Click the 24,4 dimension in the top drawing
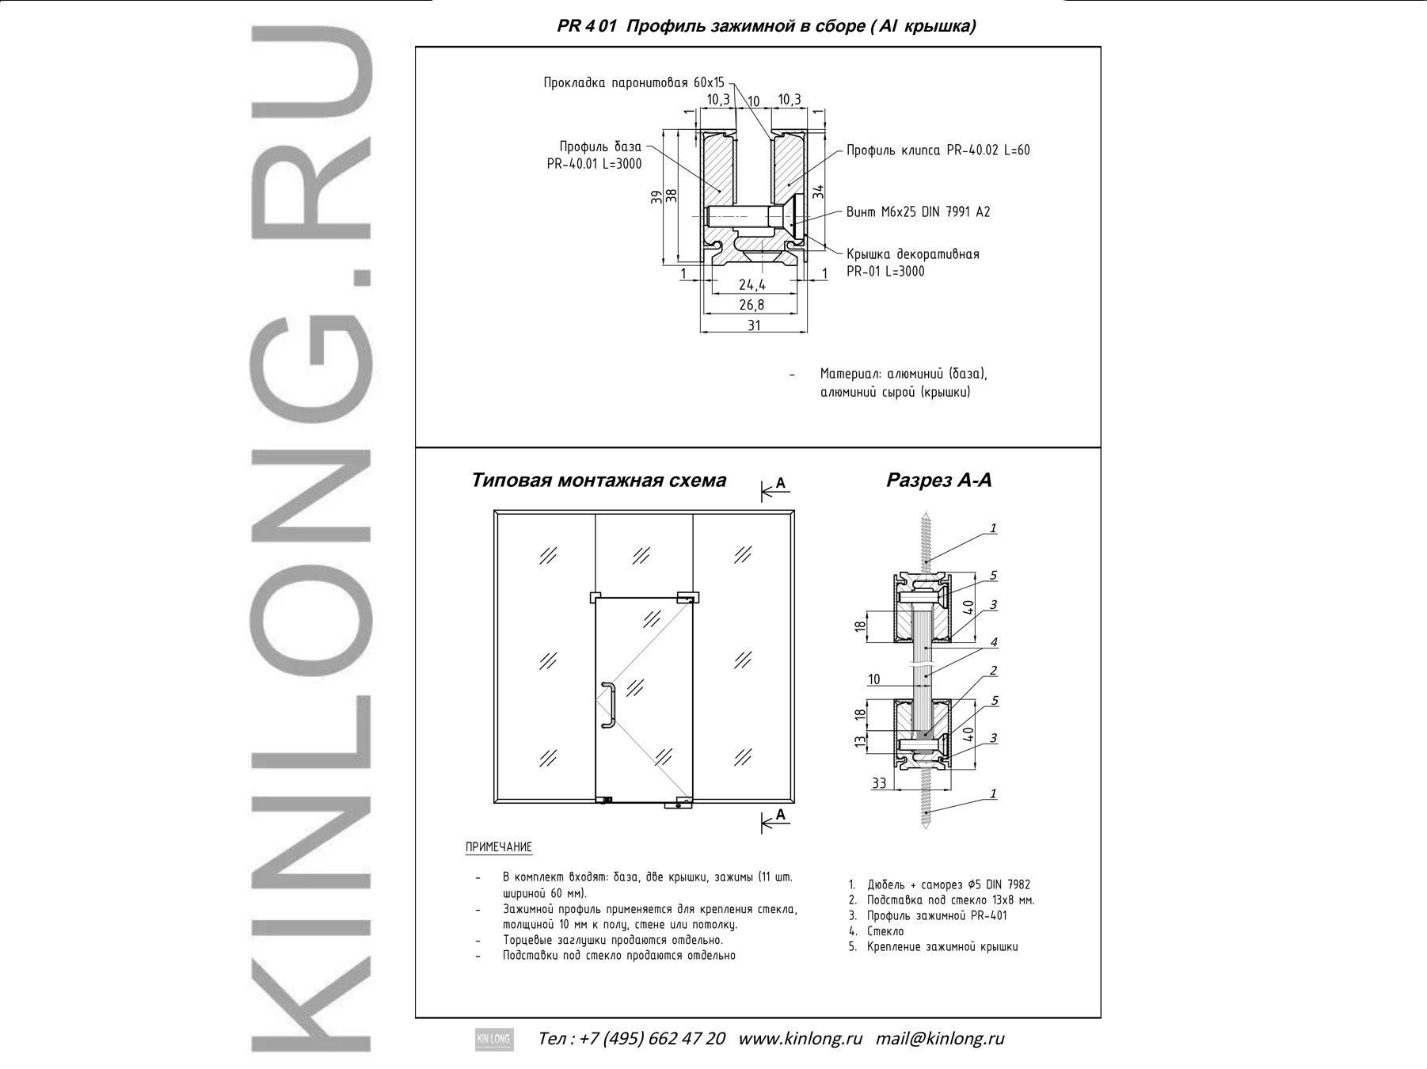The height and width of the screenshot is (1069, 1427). [752, 285]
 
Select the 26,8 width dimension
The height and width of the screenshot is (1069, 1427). [752, 305]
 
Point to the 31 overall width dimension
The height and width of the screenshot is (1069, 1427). [753, 325]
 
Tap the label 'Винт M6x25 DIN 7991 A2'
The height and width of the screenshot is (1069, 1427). [918, 212]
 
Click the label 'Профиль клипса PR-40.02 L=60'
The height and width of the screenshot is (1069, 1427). [938, 150]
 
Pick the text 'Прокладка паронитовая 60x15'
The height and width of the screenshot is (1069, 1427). [634, 82]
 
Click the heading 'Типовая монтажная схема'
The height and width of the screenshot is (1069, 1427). [599, 481]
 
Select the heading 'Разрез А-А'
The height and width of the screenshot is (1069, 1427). [938, 480]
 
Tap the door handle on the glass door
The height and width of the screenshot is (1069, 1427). [608, 703]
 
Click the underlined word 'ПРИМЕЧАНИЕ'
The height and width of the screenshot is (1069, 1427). [499, 847]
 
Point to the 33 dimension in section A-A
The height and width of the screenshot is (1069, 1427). [879, 783]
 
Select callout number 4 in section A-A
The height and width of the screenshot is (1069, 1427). [993, 642]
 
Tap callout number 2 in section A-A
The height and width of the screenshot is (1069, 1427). [993, 671]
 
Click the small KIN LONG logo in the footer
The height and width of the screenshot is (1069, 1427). [494, 1039]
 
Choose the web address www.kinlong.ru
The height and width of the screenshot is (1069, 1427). [800, 1038]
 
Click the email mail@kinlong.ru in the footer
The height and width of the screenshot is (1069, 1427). [940, 1038]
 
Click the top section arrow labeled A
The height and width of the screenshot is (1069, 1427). [776, 489]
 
